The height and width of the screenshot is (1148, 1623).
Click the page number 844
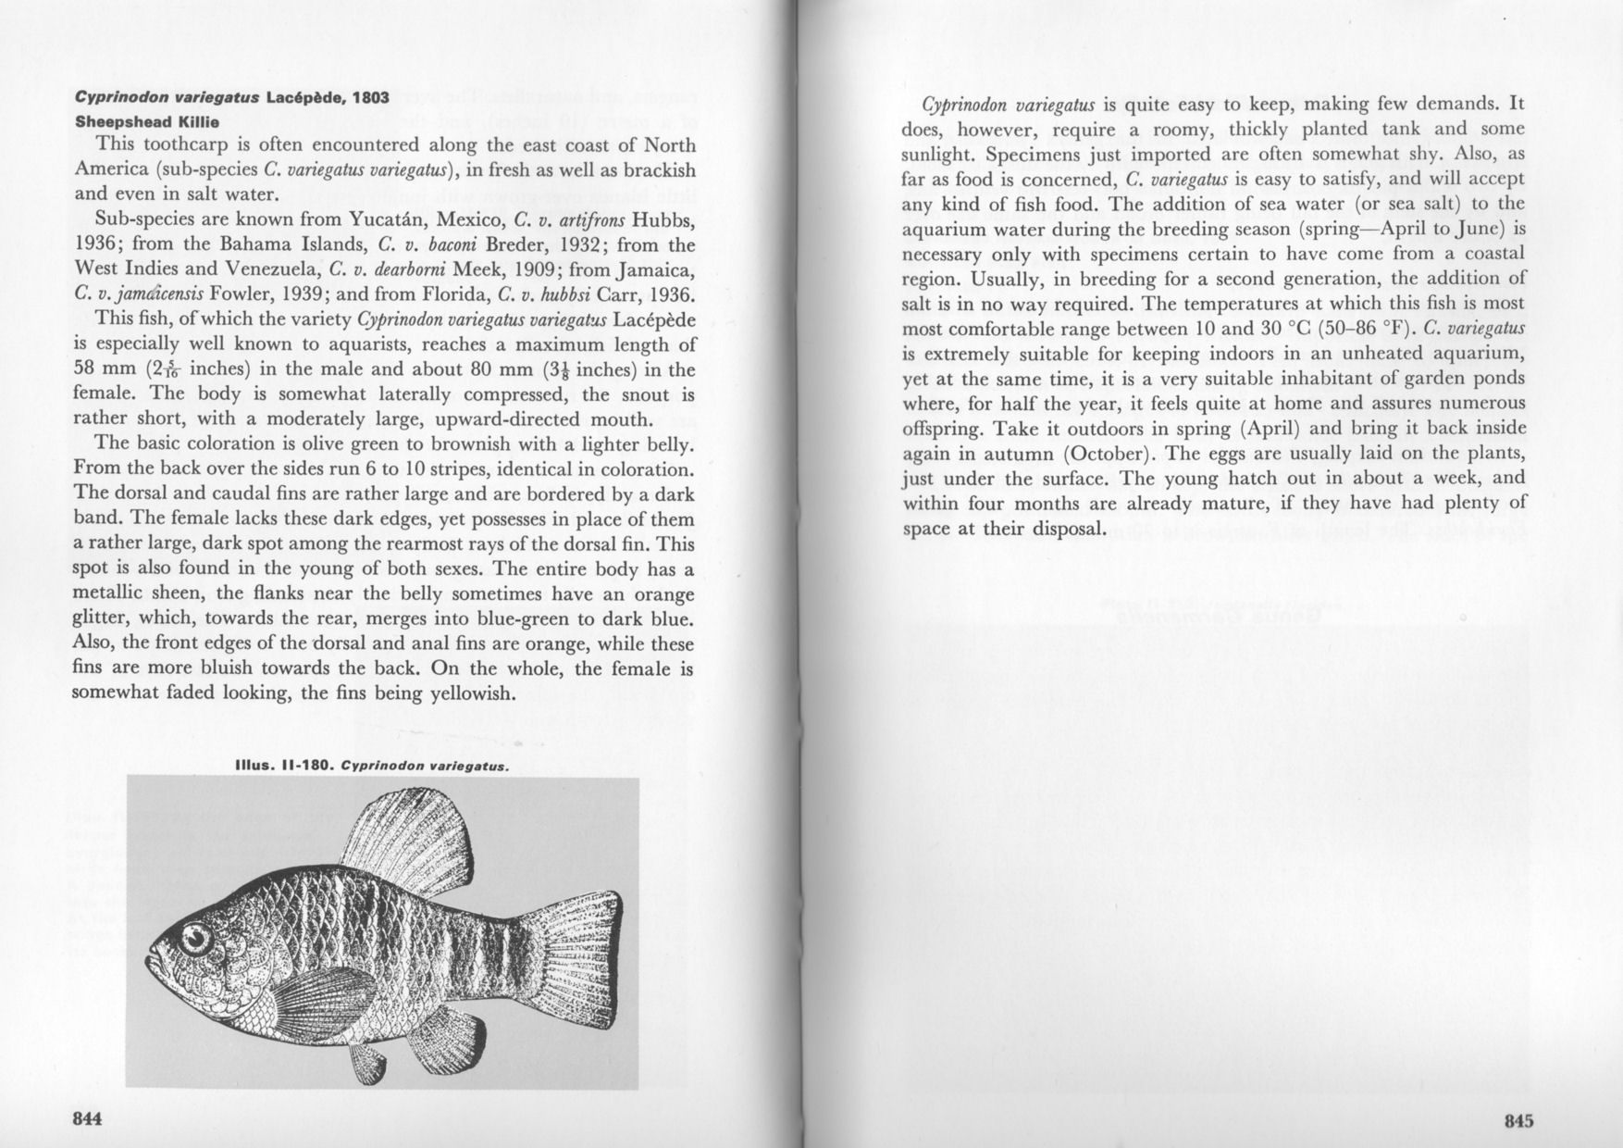[x=86, y=1118]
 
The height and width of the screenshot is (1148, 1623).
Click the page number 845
[x=1518, y=1121]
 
